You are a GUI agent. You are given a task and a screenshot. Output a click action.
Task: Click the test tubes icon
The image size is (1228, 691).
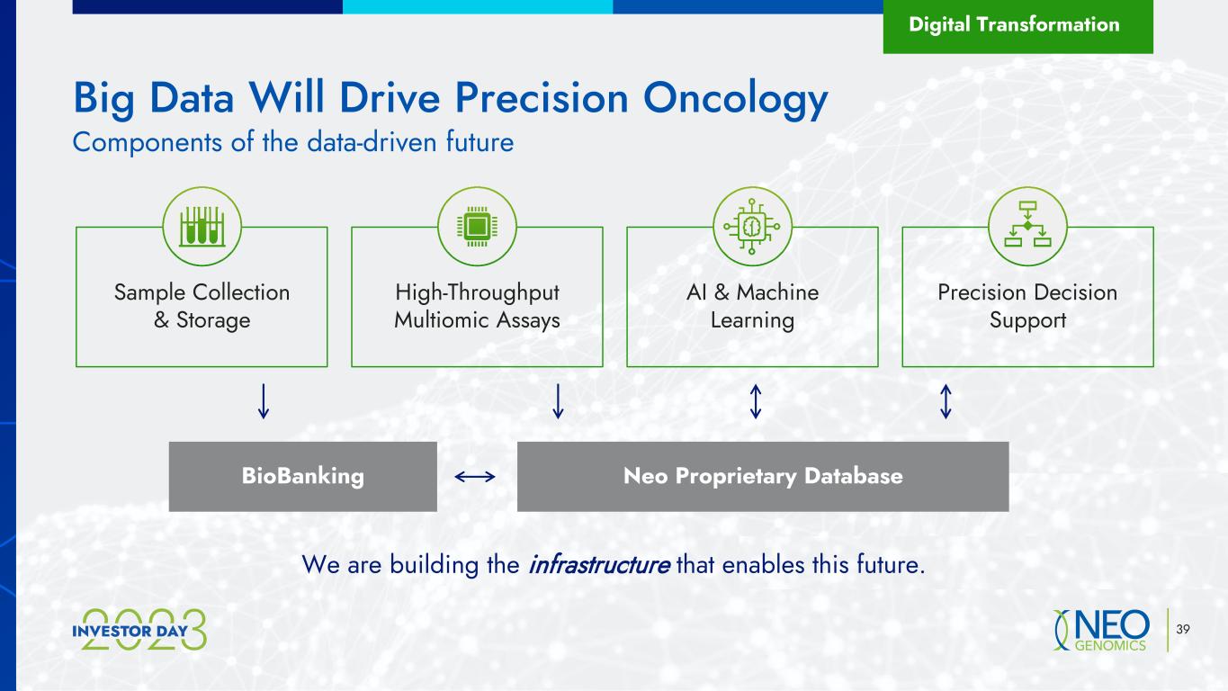(x=202, y=226)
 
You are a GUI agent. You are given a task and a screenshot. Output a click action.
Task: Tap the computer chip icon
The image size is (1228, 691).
(x=477, y=226)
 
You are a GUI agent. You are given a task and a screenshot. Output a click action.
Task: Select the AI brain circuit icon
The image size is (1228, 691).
(x=752, y=226)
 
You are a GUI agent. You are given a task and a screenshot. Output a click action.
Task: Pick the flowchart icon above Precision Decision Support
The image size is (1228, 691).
(x=1028, y=224)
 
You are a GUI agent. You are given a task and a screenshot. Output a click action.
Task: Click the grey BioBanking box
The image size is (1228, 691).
(x=302, y=477)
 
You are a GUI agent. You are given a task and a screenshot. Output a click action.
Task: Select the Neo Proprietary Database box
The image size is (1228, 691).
(x=763, y=477)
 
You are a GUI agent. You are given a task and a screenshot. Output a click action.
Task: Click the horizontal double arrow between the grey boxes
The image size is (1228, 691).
(x=475, y=477)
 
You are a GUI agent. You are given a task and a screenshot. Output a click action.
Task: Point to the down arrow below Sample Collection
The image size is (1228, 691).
(x=264, y=401)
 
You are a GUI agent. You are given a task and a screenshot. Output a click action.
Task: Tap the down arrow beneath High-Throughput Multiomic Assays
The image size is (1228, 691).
(x=558, y=401)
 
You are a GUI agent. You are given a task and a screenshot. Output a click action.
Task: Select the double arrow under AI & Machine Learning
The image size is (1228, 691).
(x=756, y=401)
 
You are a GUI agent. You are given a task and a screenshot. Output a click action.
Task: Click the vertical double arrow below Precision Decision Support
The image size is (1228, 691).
(x=946, y=401)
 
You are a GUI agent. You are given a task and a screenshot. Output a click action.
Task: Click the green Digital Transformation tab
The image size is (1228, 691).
(x=1018, y=26)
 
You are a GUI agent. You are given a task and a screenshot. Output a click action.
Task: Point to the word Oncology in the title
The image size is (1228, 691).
(x=735, y=100)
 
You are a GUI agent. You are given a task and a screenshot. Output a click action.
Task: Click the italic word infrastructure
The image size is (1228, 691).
(x=598, y=564)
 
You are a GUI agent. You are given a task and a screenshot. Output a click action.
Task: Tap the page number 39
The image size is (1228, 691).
(x=1183, y=629)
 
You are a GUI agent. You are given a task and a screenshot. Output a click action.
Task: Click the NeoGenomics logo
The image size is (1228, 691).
(x=1101, y=630)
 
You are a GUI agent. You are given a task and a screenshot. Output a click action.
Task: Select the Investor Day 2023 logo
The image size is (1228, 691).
(x=139, y=630)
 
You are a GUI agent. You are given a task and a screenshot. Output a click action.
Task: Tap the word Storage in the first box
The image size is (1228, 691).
(x=213, y=321)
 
